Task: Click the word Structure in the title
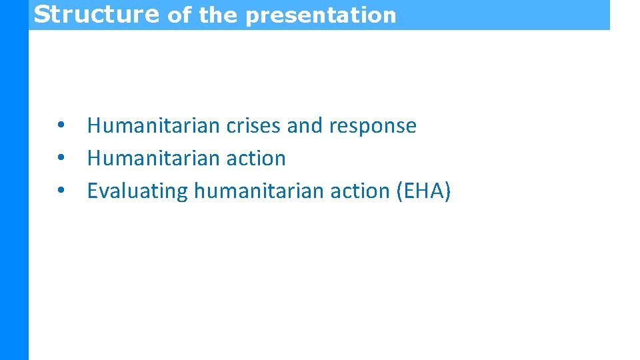(96, 14)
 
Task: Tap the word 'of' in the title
(178, 15)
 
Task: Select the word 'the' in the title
(217, 15)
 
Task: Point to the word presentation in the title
(321, 15)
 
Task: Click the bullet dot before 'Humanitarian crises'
(61, 125)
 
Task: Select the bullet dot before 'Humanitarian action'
(61, 158)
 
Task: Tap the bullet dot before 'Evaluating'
(61, 191)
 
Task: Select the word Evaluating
(138, 191)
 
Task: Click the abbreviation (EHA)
(423, 191)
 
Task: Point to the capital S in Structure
(42, 14)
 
